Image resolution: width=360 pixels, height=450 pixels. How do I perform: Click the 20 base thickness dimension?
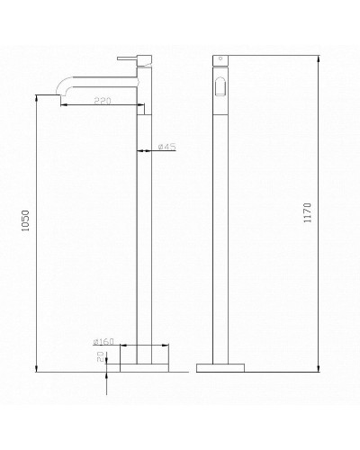101,357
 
